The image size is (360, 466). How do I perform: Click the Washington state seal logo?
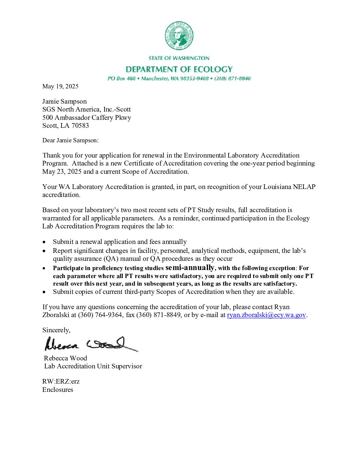[179, 36]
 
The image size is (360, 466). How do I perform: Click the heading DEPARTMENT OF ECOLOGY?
[179, 69]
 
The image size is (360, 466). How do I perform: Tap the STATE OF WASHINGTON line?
[179, 58]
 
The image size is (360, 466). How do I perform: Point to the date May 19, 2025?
[60, 86]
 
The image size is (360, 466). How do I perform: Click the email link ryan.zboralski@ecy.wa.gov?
[266, 315]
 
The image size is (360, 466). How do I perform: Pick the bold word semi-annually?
[190, 267]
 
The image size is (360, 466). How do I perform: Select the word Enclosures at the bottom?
[58, 390]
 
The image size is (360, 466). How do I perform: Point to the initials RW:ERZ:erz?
[61, 381]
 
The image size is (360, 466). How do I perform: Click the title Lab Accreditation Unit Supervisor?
[93, 366]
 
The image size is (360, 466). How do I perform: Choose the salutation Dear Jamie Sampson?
[70, 140]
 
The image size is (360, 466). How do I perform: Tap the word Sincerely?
[56, 330]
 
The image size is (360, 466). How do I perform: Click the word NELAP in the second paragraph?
[304, 187]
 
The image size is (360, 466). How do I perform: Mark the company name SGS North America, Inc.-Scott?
[86, 110]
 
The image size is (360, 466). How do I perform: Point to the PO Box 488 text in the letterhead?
[121, 78]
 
